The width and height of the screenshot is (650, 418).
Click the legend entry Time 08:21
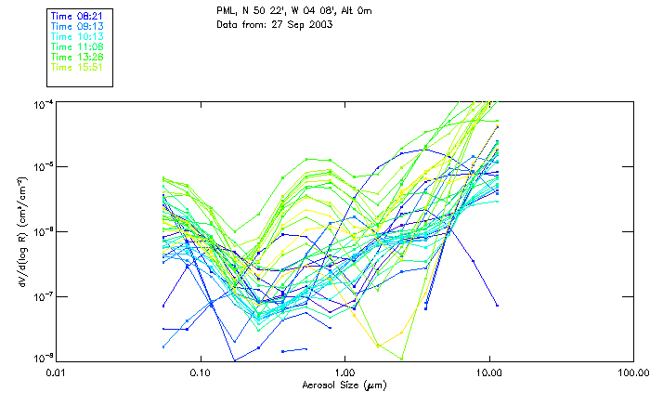[76, 17]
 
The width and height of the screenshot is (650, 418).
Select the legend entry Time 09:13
[76, 26]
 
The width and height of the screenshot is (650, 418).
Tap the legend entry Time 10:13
[76, 36]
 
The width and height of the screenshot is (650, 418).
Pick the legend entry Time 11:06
[76, 46]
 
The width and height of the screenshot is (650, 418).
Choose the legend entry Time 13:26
[76, 57]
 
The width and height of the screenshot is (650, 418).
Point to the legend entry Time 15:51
[76, 67]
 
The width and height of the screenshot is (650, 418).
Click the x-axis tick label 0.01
[56, 372]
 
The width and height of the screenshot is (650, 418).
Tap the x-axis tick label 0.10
[200, 372]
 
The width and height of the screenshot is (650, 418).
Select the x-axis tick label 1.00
[344, 372]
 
